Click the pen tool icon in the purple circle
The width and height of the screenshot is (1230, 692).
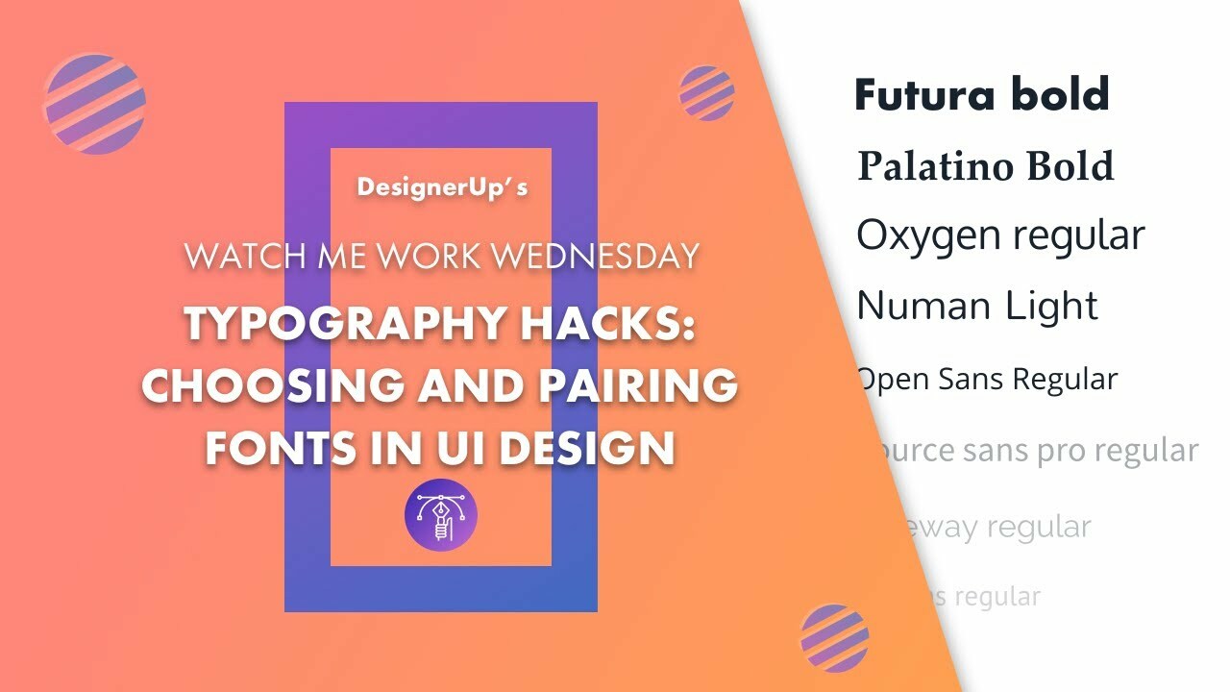[441, 515]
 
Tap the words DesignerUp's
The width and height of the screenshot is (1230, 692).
[442, 186]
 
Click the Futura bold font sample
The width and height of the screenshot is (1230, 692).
[982, 95]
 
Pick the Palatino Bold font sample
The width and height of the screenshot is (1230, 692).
[985, 166]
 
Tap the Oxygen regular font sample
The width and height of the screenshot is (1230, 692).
[1000, 235]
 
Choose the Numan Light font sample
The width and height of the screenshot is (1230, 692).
[977, 307]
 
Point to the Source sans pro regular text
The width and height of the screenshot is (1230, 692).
[1033, 451]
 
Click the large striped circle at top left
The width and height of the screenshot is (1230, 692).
[95, 104]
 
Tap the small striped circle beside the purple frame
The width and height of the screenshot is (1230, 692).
[706, 93]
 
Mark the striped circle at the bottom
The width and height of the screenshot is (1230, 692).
[834, 637]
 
